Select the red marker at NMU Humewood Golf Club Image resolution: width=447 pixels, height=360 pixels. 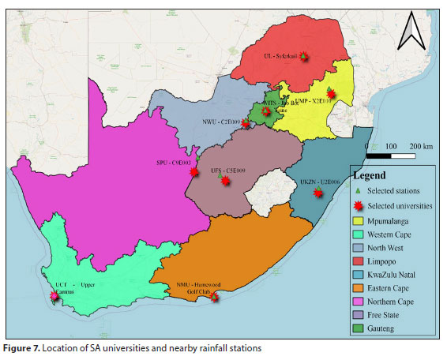213,298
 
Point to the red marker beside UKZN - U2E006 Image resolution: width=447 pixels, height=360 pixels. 319,192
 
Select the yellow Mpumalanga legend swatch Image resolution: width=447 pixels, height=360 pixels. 359,221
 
